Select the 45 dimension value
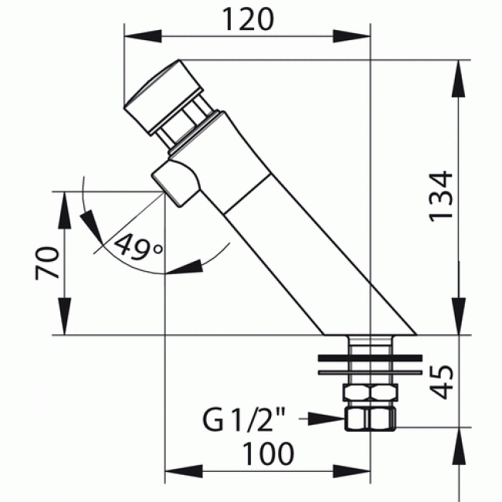point(441,379)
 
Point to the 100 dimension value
point(267,453)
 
